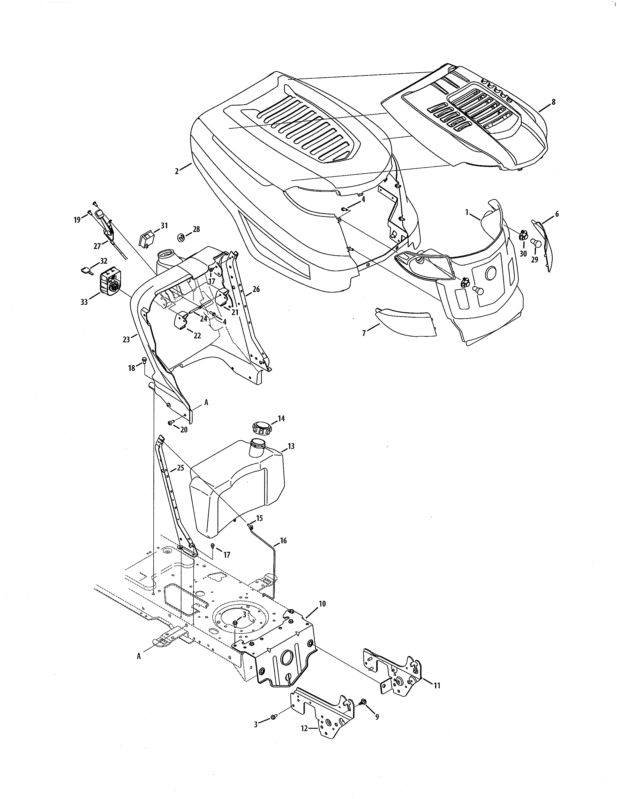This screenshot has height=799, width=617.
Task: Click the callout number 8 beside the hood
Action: point(553,102)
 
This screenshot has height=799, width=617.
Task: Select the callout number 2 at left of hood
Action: point(177,171)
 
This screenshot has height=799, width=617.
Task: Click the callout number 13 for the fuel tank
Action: point(291,446)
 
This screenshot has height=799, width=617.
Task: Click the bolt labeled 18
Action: point(144,360)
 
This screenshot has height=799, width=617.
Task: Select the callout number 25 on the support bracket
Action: point(180,468)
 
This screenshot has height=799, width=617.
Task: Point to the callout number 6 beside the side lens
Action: point(557,214)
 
